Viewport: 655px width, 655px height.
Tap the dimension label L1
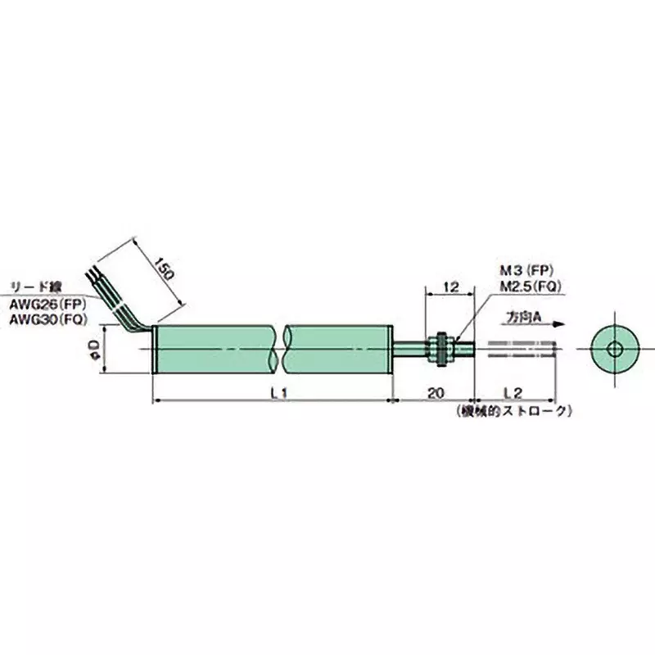click(x=278, y=394)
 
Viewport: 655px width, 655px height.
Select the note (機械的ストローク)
click(x=510, y=412)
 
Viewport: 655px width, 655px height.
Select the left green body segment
click(x=217, y=350)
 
